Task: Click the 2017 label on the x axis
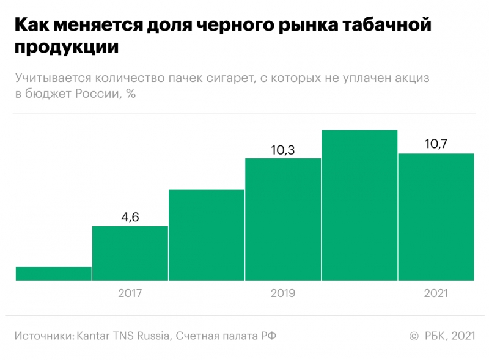click(x=130, y=293)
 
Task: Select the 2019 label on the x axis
click(x=282, y=293)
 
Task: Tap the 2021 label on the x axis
click(x=436, y=293)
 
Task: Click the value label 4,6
click(x=130, y=217)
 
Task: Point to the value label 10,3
click(x=282, y=149)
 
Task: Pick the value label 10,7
click(x=436, y=144)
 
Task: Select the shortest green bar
click(x=54, y=274)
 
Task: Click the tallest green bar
click(x=359, y=205)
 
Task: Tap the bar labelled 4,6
click(x=130, y=253)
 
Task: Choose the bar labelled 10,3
click(x=283, y=219)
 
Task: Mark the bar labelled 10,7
click(x=436, y=217)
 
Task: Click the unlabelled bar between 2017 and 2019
click(x=207, y=235)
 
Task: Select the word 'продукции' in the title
click(x=66, y=48)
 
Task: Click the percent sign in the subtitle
click(x=130, y=94)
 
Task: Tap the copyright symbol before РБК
click(x=413, y=336)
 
